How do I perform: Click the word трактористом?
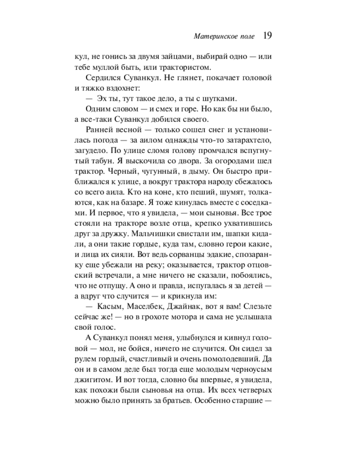pos(189,68)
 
